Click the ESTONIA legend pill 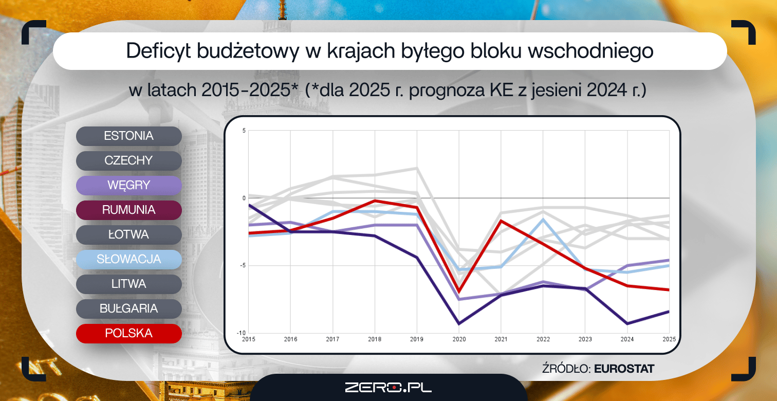128,136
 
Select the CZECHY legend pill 128,160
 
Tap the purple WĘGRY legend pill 128,185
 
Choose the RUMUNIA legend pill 128,210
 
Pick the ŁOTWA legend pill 128,235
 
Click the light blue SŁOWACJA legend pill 128,260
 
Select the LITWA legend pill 128,284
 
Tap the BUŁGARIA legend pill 128,309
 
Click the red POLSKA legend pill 128,333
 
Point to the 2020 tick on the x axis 459,339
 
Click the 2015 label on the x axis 248,339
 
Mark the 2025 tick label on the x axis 669,339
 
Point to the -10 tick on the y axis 241,333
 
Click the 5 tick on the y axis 244,131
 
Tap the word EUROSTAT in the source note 624,369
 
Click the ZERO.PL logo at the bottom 388,388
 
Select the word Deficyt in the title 158,51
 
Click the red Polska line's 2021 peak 501,220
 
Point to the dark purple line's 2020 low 459,324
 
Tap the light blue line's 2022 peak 543,219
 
